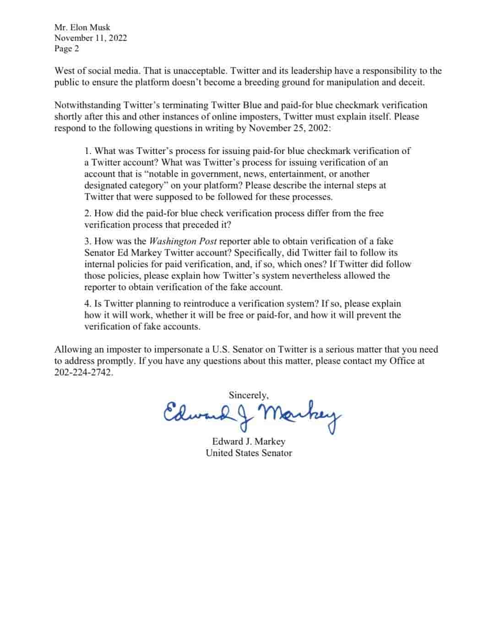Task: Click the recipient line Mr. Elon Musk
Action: (82, 27)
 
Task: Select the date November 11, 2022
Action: (90, 38)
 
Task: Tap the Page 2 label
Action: (66, 49)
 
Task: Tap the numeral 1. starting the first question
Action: (88, 151)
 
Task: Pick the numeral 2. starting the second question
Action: (88, 214)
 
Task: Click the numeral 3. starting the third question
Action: (88, 242)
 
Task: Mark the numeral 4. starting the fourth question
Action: (88, 304)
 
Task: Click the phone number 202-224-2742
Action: (83, 373)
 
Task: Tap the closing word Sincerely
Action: (249, 395)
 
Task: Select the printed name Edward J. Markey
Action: (249, 442)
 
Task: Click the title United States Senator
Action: (249, 453)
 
